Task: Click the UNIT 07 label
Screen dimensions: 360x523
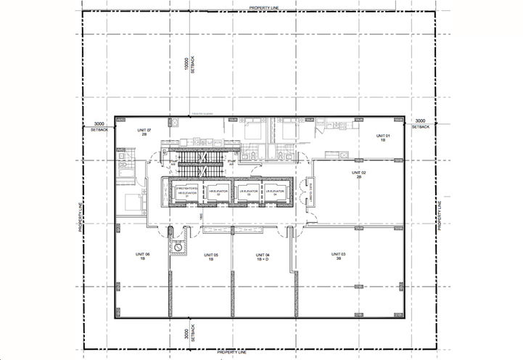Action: pos(143,132)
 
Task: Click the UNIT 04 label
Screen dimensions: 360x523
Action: pos(263,256)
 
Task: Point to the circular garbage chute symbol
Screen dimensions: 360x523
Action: pos(176,247)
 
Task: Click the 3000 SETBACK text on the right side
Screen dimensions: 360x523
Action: pos(421,124)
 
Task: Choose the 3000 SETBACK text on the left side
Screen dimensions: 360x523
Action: pos(99,126)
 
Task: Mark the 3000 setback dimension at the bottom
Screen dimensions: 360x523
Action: pos(186,332)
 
